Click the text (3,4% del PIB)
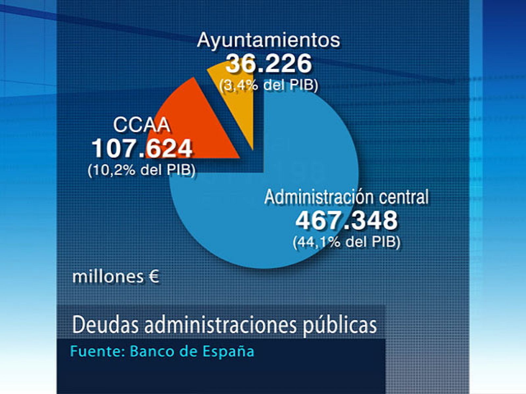[x=269, y=85]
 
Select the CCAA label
[x=141, y=125]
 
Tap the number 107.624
[x=142, y=148]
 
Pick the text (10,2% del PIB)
[x=142, y=170]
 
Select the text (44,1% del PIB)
[x=347, y=242]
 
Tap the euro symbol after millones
[x=154, y=277]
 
